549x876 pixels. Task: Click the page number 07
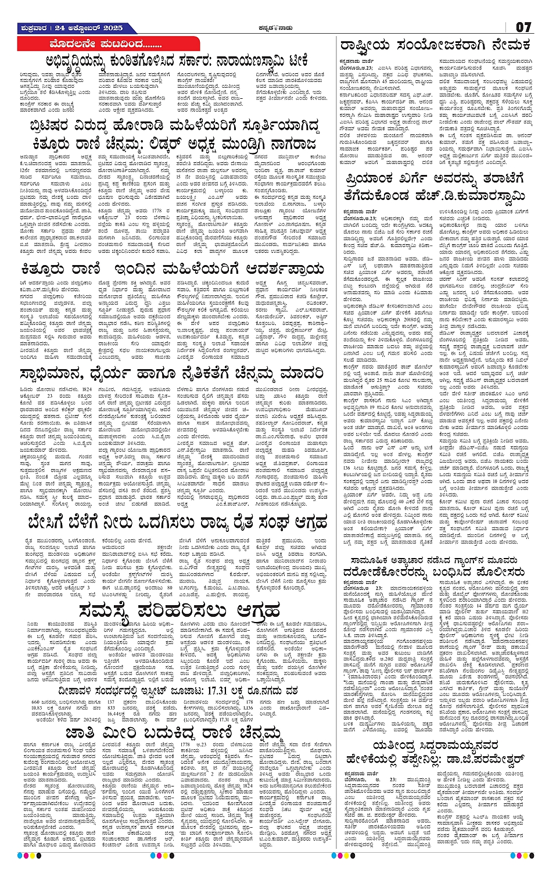tap(523, 27)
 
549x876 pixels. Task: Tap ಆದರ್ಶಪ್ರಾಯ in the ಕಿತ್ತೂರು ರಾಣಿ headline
tap(278, 269)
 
